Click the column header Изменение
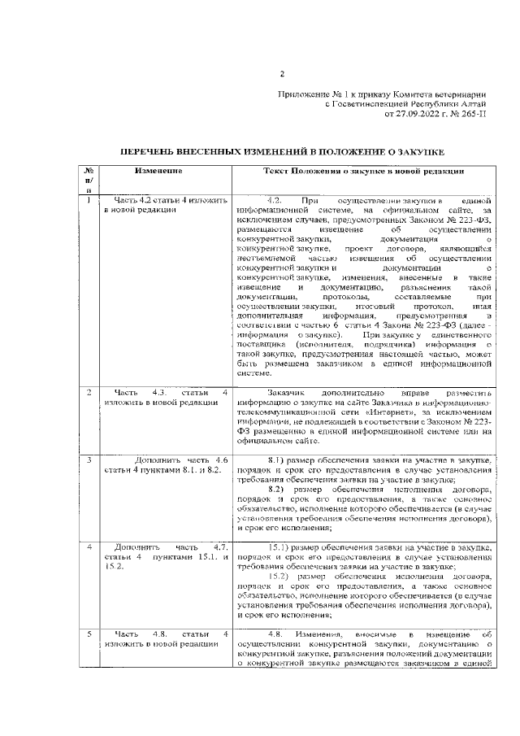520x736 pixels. click(x=158, y=172)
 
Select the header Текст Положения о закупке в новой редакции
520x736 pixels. click(x=363, y=172)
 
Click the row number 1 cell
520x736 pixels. click(x=88, y=199)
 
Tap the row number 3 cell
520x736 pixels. click(x=88, y=460)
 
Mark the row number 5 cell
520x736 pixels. click(x=88, y=634)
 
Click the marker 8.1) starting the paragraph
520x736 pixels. click(x=279, y=460)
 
